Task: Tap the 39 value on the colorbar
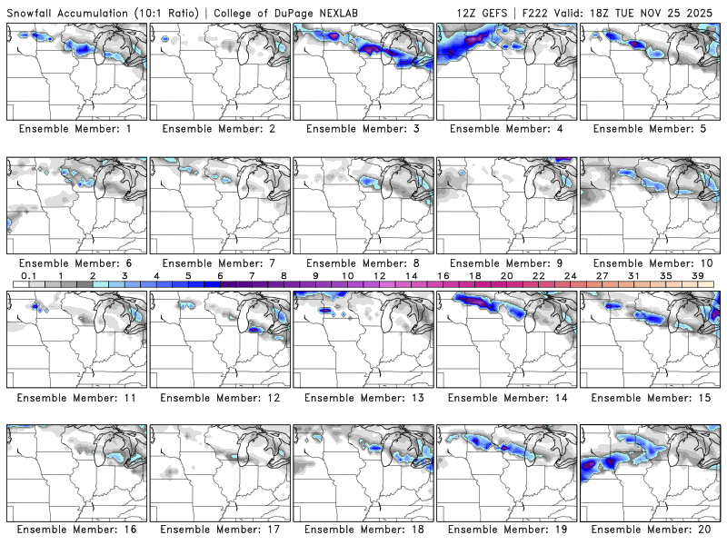(x=698, y=275)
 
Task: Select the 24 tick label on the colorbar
(x=571, y=275)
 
